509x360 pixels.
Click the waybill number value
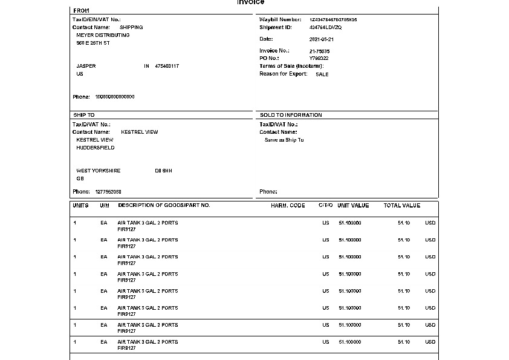[x=333, y=20]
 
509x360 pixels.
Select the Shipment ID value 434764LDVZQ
[x=325, y=28]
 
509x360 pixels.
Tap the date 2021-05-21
[x=321, y=39]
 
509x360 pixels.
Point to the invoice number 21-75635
[x=319, y=51]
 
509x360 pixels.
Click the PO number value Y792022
[x=319, y=59]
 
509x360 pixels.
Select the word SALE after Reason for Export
[x=322, y=74]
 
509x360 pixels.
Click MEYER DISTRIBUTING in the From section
[x=103, y=35]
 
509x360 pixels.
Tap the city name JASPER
[x=86, y=66]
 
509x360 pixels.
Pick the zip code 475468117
[x=167, y=66]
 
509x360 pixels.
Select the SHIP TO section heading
[x=84, y=115]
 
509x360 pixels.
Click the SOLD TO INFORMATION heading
[x=291, y=115]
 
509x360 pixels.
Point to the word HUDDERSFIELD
[x=96, y=148]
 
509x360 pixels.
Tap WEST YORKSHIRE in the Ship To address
[x=99, y=171]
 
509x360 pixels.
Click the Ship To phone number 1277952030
[x=108, y=192]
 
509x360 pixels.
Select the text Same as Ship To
[x=284, y=140]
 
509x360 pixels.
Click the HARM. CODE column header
[x=288, y=206]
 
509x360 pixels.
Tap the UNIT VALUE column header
[x=353, y=206]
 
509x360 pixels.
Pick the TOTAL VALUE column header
[x=402, y=206]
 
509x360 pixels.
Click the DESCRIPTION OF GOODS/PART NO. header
[x=164, y=206]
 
